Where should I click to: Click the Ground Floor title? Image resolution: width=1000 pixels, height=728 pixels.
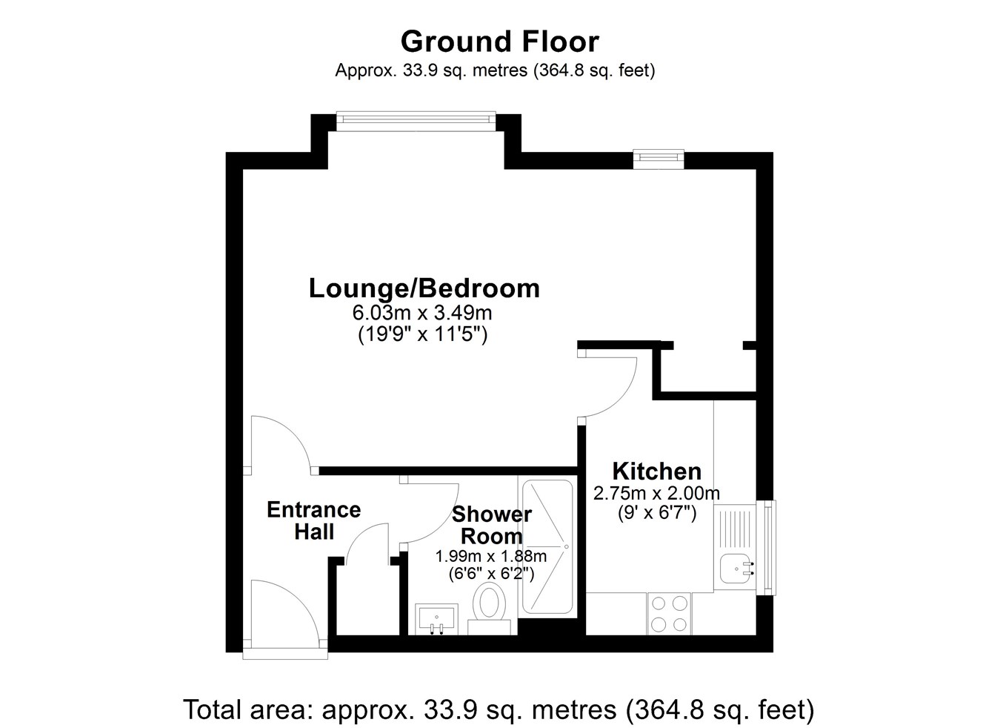pyautogui.click(x=499, y=42)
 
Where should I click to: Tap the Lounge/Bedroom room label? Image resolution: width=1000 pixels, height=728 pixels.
pyautogui.click(x=424, y=288)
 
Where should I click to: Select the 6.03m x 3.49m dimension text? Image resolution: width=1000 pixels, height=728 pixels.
pyautogui.click(x=422, y=312)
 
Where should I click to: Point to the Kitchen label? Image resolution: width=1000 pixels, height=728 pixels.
pyautogui.click(x=657, y=471)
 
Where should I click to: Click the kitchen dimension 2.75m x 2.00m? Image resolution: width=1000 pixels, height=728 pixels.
pyautogui.click(x=656, y=493)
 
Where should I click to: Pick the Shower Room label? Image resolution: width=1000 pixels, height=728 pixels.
pyautogui.click(x=492, y=525)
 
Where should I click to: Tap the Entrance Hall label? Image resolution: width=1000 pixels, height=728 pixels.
pyautogui.click(x=314, y=520)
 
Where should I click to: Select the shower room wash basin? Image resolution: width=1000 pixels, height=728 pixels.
pyautogui.click(x=436, y=619)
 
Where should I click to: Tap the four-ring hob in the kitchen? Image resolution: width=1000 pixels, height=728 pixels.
pyautogui.click(x=669, y=614)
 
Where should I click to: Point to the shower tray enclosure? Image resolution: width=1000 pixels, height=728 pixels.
pyautogui.click(x=547, y=546)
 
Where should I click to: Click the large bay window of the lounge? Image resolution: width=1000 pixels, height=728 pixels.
pyautogui.click(x=416, y=121)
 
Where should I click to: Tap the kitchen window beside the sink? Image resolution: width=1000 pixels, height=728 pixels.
pyautogui.click(x=769, y=547)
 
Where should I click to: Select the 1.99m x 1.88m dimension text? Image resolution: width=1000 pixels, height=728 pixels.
pyautogui.click(x=490, y=557)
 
